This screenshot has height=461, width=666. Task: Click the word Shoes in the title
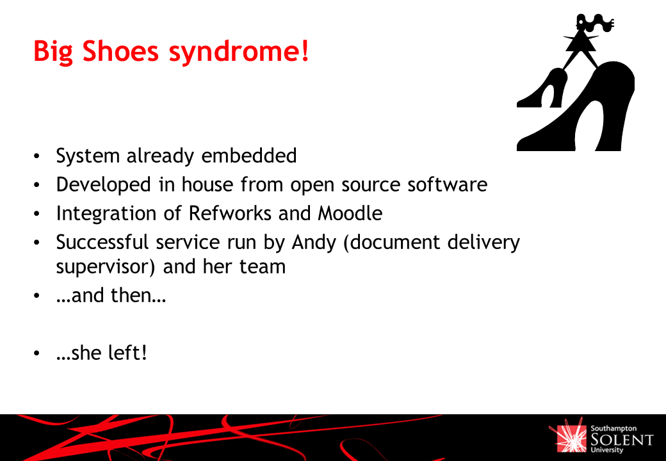pyautogui.click(x=120, y=51)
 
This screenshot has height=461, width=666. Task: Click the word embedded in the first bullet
pyautogui.click(x=249, y=156)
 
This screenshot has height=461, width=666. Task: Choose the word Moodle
pyautogui.click(x=350, y=213)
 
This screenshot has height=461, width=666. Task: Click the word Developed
pyautogui.click(x=103, y=185)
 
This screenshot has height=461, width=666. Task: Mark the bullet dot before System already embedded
pyautogui.click(x=37, y=156)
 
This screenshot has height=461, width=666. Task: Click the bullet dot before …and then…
pyautogui.click(x=37, y=295)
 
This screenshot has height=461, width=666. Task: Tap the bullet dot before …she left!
pyautogui.click(x=37, y=353)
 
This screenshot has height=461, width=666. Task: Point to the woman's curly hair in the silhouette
pyautogui.click(x=597, y=22)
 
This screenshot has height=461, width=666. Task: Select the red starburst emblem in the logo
pyautogui.click(x=568, y=435)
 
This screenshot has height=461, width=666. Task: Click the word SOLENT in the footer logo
pyautogui.click(x=622, y=439)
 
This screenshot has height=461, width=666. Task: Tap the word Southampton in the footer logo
pyautogui.click(x=613, y=429)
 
